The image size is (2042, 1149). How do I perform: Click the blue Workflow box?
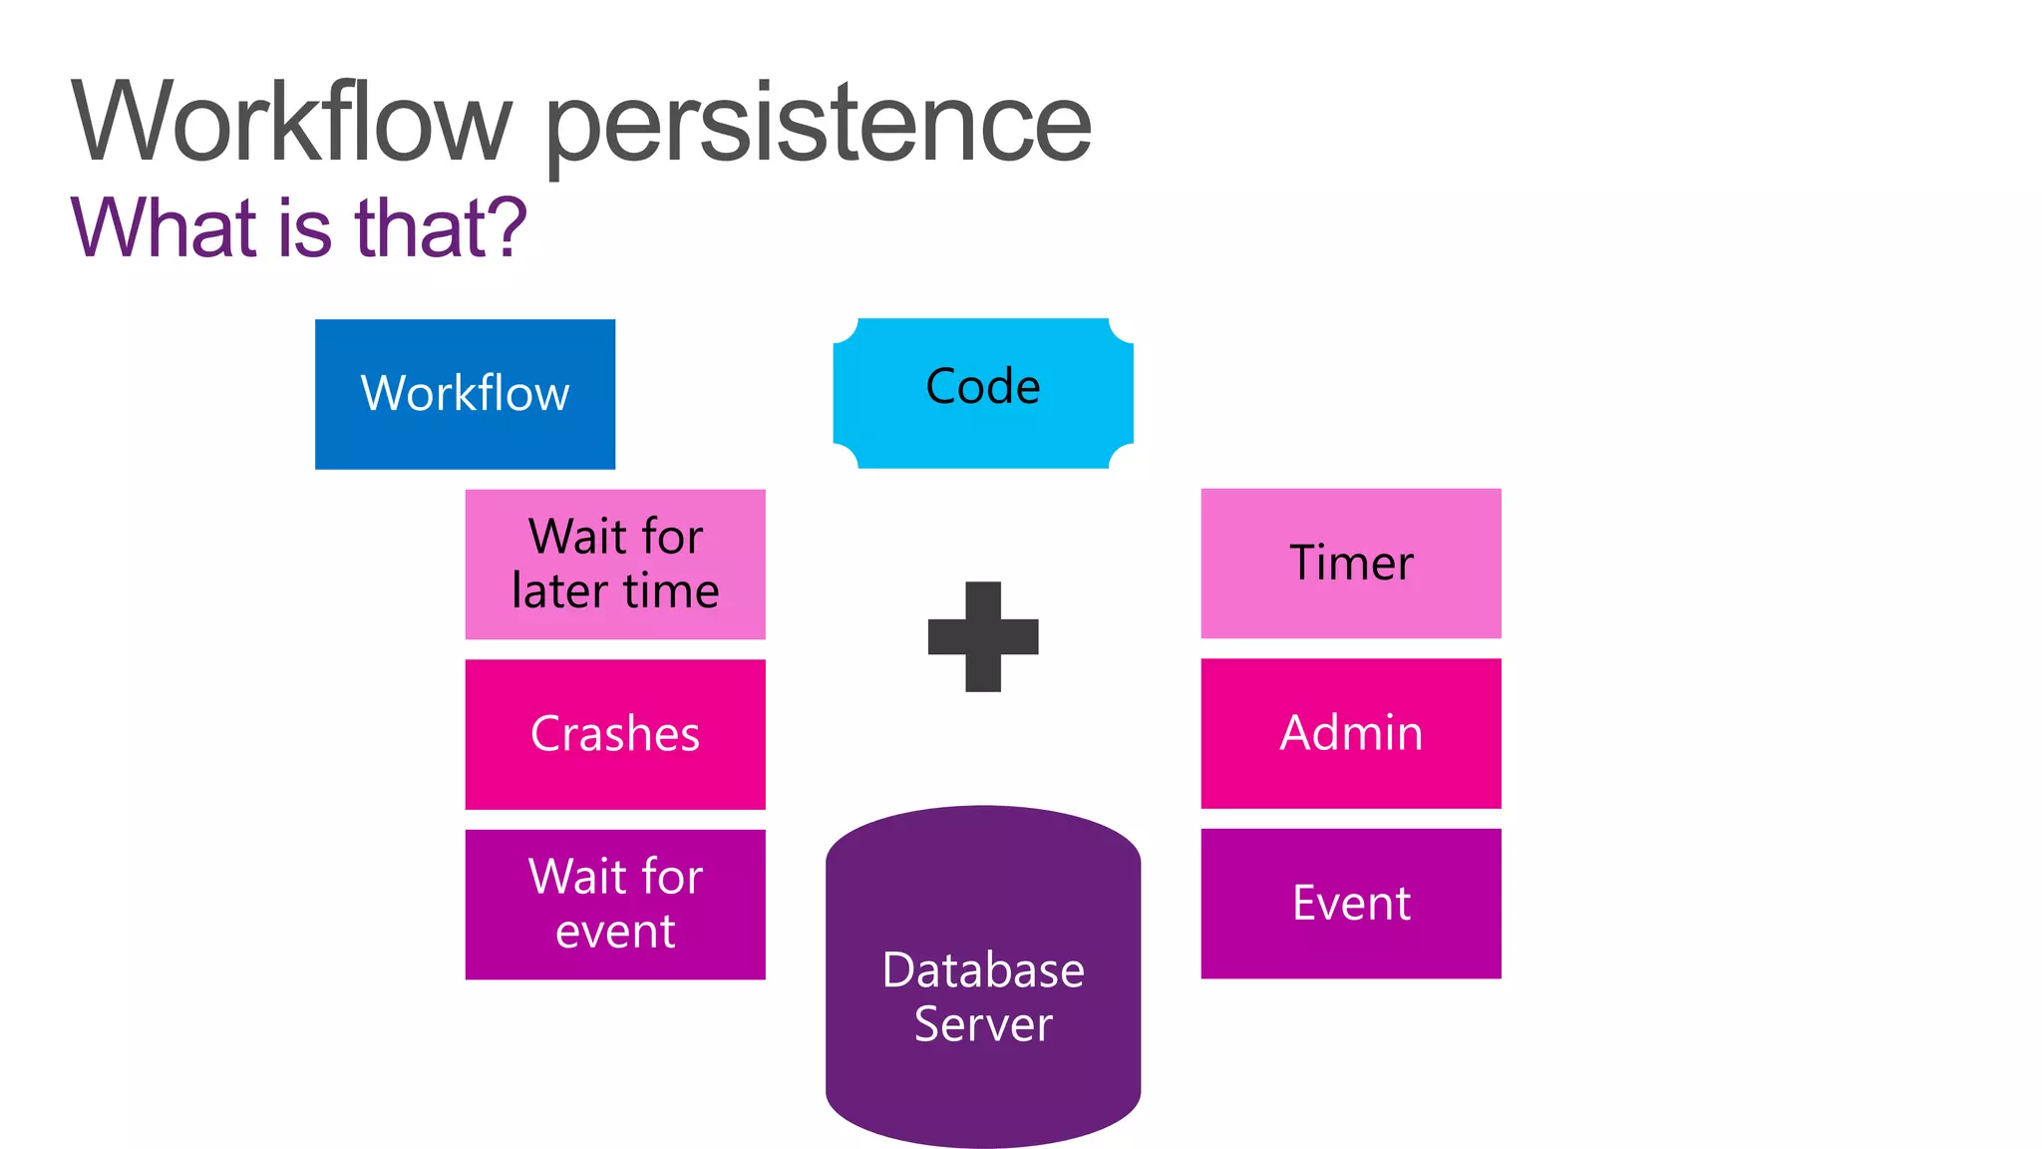pyautogui.click(x=465, y=394)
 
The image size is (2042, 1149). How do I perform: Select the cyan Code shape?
pyautogui.click(x=983, y=393)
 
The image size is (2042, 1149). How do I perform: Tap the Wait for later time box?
pyautogui.click(x=615, y=564)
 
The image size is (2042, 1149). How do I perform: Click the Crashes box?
pyautogui.click(x=615, y=734)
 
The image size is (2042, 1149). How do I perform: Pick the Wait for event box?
pyautogui.click(x=615, y=904)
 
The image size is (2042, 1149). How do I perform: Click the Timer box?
pyautogui.click(x=1351, y=564)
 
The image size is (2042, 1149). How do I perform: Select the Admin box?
pyautogui.click(x=1351, y=733)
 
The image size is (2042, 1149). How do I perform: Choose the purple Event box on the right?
pyautogui.click(x=1351, y=904)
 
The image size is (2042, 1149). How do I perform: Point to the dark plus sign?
pyautogui.click(x=983, y=636)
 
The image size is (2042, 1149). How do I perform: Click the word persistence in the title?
pyautogui.click(x=818, y=125)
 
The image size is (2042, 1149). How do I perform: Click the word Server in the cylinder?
pyautogui.click(x=983, y=1025)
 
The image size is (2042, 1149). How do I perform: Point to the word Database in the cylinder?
pyautogui.click(x=983, y=970)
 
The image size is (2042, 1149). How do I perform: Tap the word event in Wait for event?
pyautogui.click(x=615, y=932)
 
